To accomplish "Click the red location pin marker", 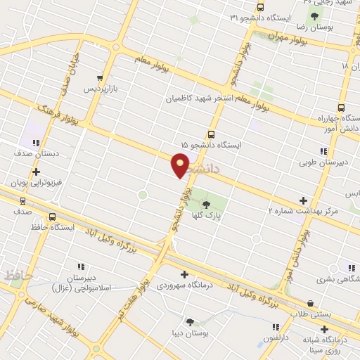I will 181,166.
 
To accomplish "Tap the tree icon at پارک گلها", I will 205,204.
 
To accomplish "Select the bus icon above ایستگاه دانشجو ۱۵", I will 210,134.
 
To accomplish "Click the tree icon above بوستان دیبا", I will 190,321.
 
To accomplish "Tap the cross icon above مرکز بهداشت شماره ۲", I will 303,200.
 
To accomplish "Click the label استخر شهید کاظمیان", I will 198,99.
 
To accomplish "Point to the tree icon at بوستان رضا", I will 314,16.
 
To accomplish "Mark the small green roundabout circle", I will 142,194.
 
